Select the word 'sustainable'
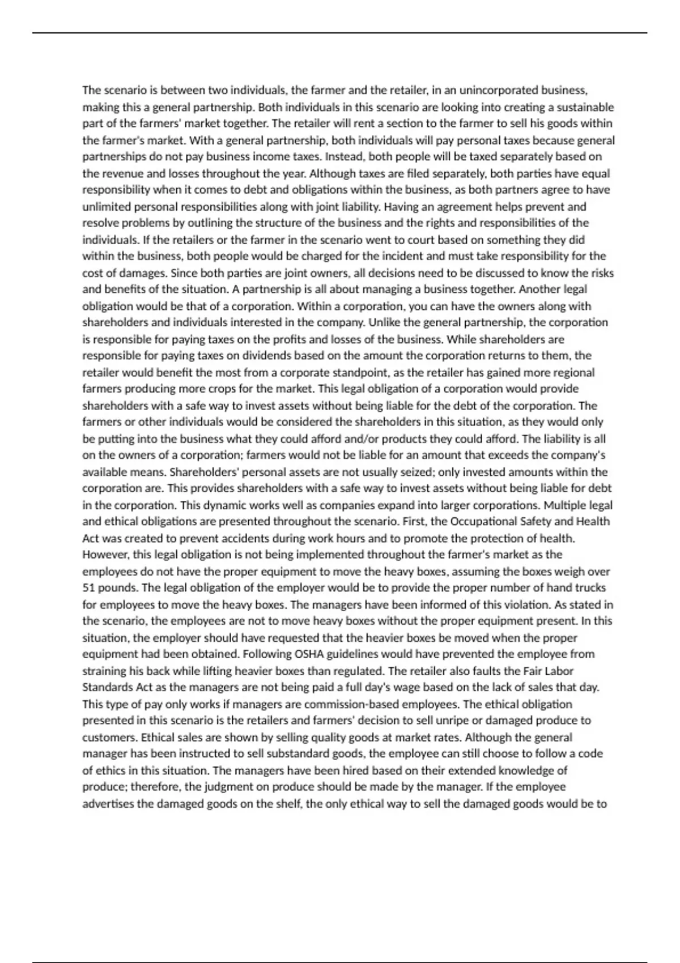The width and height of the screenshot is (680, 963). tap(585, 107)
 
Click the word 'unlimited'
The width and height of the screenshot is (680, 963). tap(107, 206)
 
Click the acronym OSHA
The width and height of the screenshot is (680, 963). tap(309, 654)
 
